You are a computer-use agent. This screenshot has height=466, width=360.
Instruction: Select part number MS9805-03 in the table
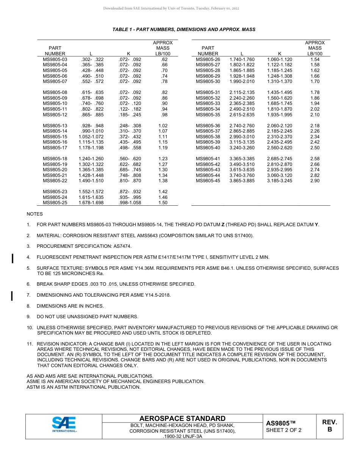[55, 59]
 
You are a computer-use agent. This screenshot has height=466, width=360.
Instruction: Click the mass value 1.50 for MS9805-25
[163, 203]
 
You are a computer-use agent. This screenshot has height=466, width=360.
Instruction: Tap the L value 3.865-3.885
[242, 181]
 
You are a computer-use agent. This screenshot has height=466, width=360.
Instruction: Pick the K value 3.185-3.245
[280, 181]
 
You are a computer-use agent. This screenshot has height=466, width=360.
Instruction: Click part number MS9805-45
[208, 181]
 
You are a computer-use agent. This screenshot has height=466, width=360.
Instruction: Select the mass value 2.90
[315, 181]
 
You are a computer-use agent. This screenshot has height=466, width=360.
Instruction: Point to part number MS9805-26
[208, 59]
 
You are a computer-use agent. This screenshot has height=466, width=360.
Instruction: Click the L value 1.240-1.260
[91, 159]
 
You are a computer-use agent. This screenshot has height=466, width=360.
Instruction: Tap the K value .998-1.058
[130, 203]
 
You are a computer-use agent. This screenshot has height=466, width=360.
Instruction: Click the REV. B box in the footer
[329, 426]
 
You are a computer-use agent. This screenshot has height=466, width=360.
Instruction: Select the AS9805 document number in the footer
[280, 423]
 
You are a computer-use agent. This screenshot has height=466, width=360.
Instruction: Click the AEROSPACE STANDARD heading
[182, 418]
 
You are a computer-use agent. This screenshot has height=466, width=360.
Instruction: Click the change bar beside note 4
[13, 258]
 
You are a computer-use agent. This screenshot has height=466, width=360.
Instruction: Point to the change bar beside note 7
[13, 296]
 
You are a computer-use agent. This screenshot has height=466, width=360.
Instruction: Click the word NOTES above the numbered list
[34, 214]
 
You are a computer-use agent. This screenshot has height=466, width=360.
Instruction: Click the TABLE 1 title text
[184, 30]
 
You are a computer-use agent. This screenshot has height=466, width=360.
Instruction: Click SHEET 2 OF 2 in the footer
[283, 430]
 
